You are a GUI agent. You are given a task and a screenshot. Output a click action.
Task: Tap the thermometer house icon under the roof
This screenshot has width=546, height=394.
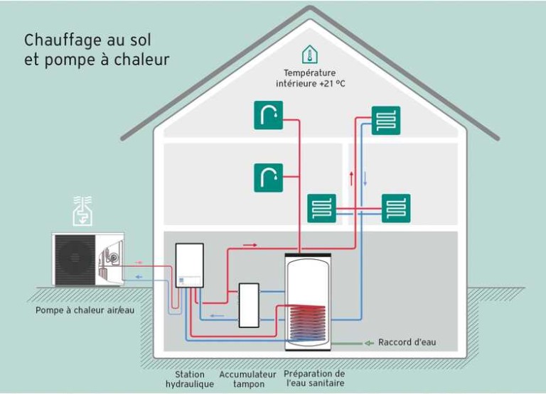[x=309, y=55]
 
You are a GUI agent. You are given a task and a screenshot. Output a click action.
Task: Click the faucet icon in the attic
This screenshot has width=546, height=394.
[x=268, y=115]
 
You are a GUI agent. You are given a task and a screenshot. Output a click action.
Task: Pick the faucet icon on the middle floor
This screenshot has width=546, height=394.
[x=268, y=177]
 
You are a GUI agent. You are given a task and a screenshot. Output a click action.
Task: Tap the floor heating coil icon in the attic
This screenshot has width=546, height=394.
[x=385, y=121]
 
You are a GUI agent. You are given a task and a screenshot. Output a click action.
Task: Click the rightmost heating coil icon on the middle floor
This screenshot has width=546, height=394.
[x=395, y=209]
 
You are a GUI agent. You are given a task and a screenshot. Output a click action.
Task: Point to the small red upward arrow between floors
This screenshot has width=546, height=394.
[x=351, y=177]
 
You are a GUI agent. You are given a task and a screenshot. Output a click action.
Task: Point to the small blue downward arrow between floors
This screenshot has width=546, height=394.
[x=365, y=177]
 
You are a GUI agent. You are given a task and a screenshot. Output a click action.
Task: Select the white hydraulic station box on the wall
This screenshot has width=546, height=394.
[x=189, y=265]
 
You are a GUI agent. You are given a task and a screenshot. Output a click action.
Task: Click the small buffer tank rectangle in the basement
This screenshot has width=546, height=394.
[x=249, y=305]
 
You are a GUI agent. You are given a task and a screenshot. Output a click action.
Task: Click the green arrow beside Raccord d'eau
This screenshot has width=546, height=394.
[x=368, y=343]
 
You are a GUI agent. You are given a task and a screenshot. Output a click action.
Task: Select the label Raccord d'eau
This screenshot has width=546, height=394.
[x=407, y=343]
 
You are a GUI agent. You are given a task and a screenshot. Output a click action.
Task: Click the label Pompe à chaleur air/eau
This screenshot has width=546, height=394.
[x=85, y=310]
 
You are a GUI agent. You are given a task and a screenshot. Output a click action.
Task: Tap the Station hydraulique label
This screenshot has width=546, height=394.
[x=189, y=379]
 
